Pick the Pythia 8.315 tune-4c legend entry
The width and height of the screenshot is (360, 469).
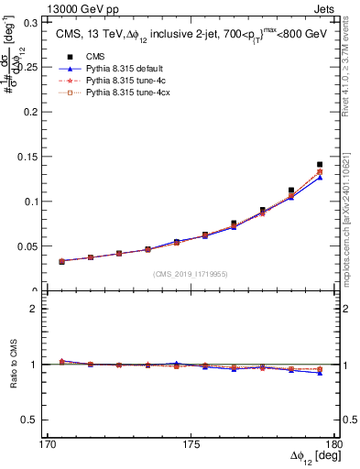pyautogui.click(x=122, y=82)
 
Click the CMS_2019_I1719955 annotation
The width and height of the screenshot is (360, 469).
pyautogui.click(x=191, y=274)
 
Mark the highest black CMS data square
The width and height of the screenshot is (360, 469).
pyautogui.click(x=320, y=165)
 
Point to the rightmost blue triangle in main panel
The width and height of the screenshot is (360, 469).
pyautogui.click(x=320, y=178)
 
